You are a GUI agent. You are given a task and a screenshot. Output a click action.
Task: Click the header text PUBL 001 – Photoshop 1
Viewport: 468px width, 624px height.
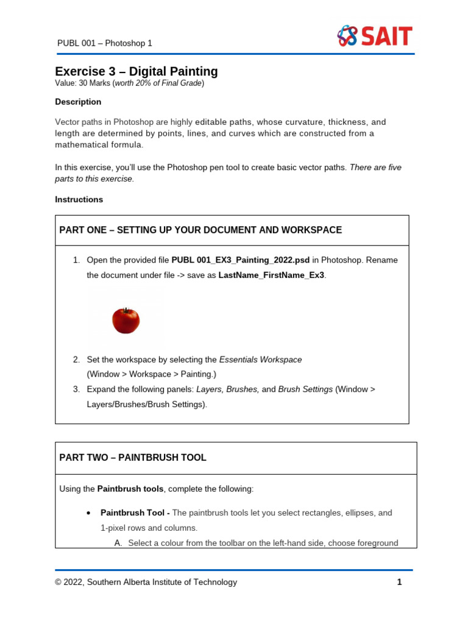[x=104, y=43]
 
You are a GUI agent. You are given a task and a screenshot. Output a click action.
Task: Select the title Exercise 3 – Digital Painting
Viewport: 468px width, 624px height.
[x=136, y=71]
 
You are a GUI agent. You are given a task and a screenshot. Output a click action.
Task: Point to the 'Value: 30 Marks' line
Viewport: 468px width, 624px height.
[x=129, y=83]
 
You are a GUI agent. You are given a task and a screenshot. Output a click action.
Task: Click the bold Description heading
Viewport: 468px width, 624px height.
[x=78, y=102]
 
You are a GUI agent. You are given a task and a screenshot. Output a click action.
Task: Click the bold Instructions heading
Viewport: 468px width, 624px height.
[x=79, y=199]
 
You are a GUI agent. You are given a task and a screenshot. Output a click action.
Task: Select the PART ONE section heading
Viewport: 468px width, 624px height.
[x=200, y=230]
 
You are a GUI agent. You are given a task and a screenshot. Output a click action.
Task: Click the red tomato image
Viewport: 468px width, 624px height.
[x=126, y=321]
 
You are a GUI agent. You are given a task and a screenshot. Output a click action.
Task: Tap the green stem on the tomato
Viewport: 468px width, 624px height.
[x=127, y=310]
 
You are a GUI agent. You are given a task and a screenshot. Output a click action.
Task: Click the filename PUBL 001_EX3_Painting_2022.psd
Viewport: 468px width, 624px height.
[x=241, y=260]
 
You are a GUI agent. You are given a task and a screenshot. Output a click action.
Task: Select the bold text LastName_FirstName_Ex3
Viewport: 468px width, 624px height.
[x=271, y=275]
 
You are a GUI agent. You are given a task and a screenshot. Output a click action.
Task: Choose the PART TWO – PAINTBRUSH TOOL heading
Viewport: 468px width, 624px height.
[x=133, y=458]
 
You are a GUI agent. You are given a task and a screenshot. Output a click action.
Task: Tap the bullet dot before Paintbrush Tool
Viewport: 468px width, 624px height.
[x=90, y=513]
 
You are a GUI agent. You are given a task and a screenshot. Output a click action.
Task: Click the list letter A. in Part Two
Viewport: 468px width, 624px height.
[x=118, y=543]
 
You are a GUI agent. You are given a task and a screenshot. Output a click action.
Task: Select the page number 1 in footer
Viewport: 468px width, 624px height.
[x=399, y=582]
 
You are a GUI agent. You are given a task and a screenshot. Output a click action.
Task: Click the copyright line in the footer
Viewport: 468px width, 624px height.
[x=146, y=582]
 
